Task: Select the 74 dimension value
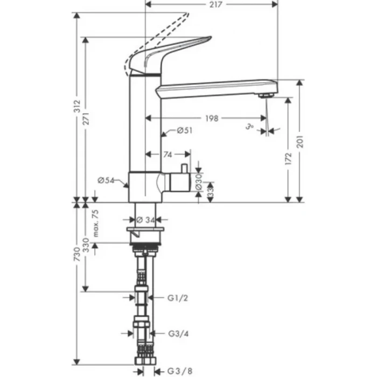(x=168, y=155)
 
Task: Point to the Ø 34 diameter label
(x=144, y=220)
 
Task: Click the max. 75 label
(x=96, y=224)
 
